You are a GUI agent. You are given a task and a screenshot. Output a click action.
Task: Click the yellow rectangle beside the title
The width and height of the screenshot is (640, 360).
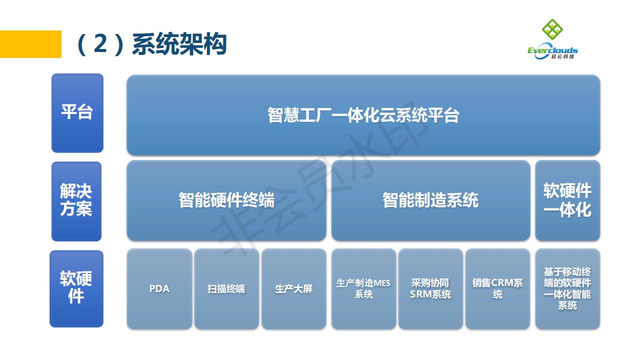(x=30, y=44)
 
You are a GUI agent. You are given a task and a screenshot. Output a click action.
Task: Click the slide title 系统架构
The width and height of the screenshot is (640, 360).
(x=179, y=44)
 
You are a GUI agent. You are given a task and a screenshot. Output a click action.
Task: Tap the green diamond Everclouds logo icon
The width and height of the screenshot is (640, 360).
(x=552, y=29)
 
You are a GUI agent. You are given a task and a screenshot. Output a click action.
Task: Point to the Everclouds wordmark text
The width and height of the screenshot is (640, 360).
(x=552, y=50)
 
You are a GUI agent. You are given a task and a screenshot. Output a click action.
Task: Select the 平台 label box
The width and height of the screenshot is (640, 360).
(x=77, y=113)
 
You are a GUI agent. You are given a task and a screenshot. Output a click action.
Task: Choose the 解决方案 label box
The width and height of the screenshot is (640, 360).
(x=76, y=201)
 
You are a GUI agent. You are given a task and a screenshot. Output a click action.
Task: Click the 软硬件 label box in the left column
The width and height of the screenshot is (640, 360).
(x=76, y=288)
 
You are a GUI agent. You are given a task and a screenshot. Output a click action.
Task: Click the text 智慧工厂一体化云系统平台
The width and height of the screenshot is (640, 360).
(x=363, y=115)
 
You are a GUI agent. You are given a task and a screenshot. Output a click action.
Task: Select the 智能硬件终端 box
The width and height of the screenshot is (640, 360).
(x=226, y=200)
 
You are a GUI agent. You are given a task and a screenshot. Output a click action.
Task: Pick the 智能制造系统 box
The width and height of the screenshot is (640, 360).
(x=431, y=200)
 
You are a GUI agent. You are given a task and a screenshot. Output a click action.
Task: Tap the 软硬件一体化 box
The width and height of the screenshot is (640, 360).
(x=567, y=200)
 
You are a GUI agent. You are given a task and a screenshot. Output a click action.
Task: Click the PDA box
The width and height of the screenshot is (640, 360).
(x=159, y=288)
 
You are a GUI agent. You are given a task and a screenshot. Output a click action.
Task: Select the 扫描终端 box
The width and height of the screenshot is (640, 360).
(x=226, y=288)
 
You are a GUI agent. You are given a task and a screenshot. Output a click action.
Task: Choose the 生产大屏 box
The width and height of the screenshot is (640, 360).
(x=293, y=288)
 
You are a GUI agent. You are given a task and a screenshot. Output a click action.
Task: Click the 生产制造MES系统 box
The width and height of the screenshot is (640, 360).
(x=363, y=288)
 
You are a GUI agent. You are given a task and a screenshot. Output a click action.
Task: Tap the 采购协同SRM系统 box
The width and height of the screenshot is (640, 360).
(x=430, y=288)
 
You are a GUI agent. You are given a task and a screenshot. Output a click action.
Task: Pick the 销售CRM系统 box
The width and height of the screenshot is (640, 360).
(x=497, y=288)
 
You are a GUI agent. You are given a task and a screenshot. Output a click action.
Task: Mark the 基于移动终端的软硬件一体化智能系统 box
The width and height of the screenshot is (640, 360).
(x=567, y=288)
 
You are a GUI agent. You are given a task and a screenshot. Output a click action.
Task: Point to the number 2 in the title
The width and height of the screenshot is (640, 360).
(x=100, y=44)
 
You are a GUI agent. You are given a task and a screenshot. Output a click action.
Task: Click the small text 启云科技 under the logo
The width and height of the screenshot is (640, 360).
(x=563, y=56)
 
